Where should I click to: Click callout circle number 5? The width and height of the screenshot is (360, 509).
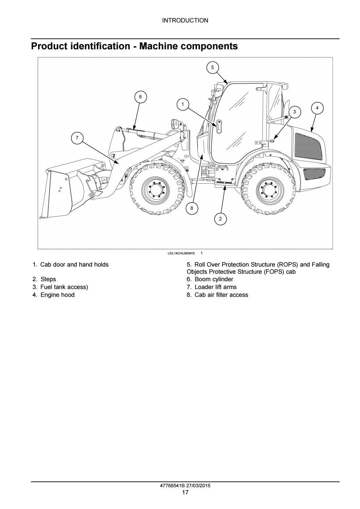coord(212,67)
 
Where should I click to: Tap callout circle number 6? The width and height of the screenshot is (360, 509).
coord(140,97)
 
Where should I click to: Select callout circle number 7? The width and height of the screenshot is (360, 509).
coord(77,138)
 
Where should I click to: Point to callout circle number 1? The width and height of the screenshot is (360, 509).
coord(183,104)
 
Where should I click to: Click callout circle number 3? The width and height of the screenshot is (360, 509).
coord(294,112)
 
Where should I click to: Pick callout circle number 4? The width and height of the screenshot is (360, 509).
coord(317,108)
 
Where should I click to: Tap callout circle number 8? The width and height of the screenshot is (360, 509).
coord(192,208)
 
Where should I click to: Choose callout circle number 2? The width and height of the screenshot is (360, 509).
coord(220,219)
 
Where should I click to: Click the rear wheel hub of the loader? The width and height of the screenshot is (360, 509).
coord(270,189)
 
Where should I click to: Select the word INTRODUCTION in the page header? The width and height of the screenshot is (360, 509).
coord(185,20)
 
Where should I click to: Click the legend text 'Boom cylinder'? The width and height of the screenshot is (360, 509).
coord(214,279)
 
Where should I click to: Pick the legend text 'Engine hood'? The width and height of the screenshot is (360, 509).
coord(57,295)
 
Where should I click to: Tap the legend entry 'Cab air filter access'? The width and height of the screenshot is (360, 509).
coord(221,295)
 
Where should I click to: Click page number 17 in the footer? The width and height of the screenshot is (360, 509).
coord(185,492)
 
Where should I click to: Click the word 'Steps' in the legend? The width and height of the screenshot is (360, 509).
coord(48,279)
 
